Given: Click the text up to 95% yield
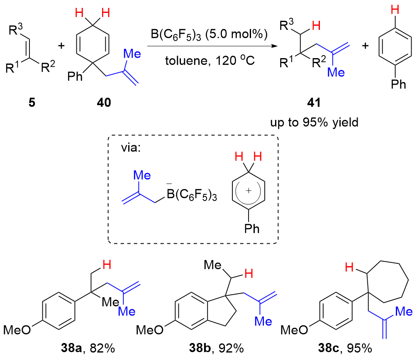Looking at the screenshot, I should [314, 123].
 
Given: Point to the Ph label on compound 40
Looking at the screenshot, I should [73, 78].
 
